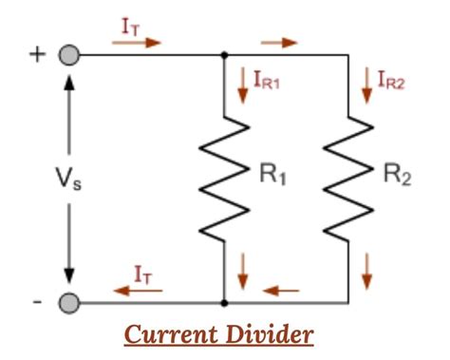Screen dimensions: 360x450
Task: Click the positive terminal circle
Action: tap(67, 55)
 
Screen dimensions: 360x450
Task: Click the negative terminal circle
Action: tap(67, 304)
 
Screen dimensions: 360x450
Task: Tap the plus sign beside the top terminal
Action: tap(38, 53)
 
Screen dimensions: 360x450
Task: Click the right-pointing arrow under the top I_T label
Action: tap(142, 43)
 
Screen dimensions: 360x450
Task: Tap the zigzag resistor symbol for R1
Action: tap(224, 179)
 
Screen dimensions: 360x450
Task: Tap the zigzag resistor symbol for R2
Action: tap(347, 179)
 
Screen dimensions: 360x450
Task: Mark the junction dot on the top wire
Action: tap(224, 55)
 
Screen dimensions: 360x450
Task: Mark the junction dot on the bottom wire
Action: tap(224, 304)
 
